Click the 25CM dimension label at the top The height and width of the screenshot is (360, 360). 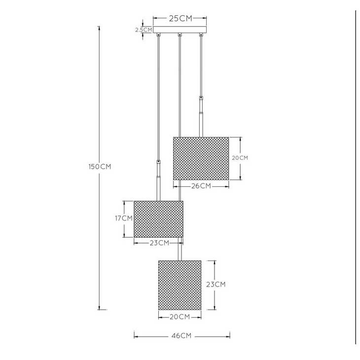(180, 18)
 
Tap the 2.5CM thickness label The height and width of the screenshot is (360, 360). (144, 30)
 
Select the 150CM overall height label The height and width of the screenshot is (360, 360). (100, 167)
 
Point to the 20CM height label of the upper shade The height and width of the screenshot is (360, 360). (240, 158)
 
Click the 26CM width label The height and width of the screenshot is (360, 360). (201, 186)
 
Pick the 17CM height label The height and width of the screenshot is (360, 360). (124, 218)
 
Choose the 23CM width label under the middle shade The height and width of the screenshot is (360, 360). (159, 243)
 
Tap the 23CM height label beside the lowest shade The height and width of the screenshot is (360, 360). (216, 285)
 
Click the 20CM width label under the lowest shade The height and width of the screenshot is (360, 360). (180, 317)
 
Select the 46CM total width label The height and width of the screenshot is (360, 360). (181, 336)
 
